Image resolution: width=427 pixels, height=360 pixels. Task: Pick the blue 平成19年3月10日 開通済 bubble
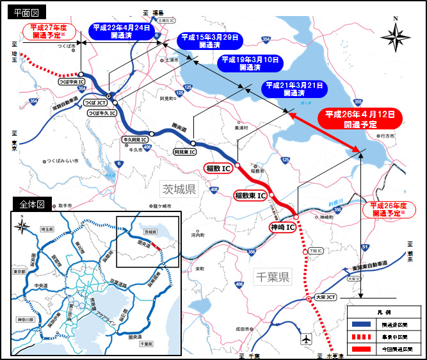(250, 63)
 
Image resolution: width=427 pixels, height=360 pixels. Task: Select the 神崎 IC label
(281, 227)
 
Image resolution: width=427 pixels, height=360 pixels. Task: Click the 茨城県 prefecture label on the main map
(179, 189)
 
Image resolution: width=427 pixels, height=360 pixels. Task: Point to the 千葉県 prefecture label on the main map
(272, 277)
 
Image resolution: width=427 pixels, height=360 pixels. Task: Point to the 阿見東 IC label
(184, 152)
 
